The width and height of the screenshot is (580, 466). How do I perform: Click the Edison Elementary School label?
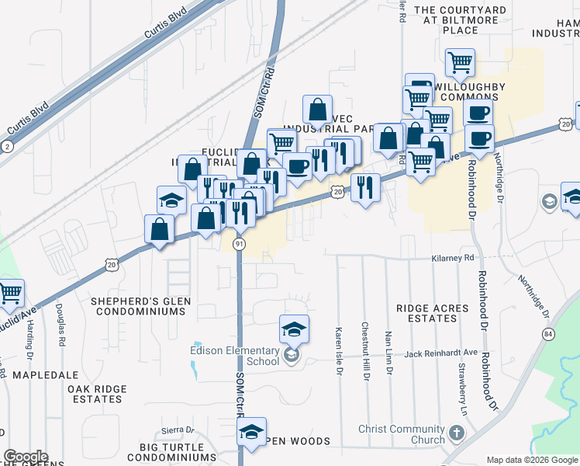tap(235, 355)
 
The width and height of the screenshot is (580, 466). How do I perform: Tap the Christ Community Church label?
tap(402, 435)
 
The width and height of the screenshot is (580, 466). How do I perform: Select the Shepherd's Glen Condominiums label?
tap(140, 305)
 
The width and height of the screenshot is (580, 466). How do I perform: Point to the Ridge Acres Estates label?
tap(432, 314)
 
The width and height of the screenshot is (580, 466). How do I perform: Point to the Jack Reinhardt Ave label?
tap(439, 354)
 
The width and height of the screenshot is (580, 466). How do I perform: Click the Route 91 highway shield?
tap(240, 244)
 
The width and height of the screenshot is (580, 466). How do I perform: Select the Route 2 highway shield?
tap(7, 145)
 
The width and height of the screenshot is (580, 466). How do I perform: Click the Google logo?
tap(26, 457)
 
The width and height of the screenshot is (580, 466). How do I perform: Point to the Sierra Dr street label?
tap(177, 430)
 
